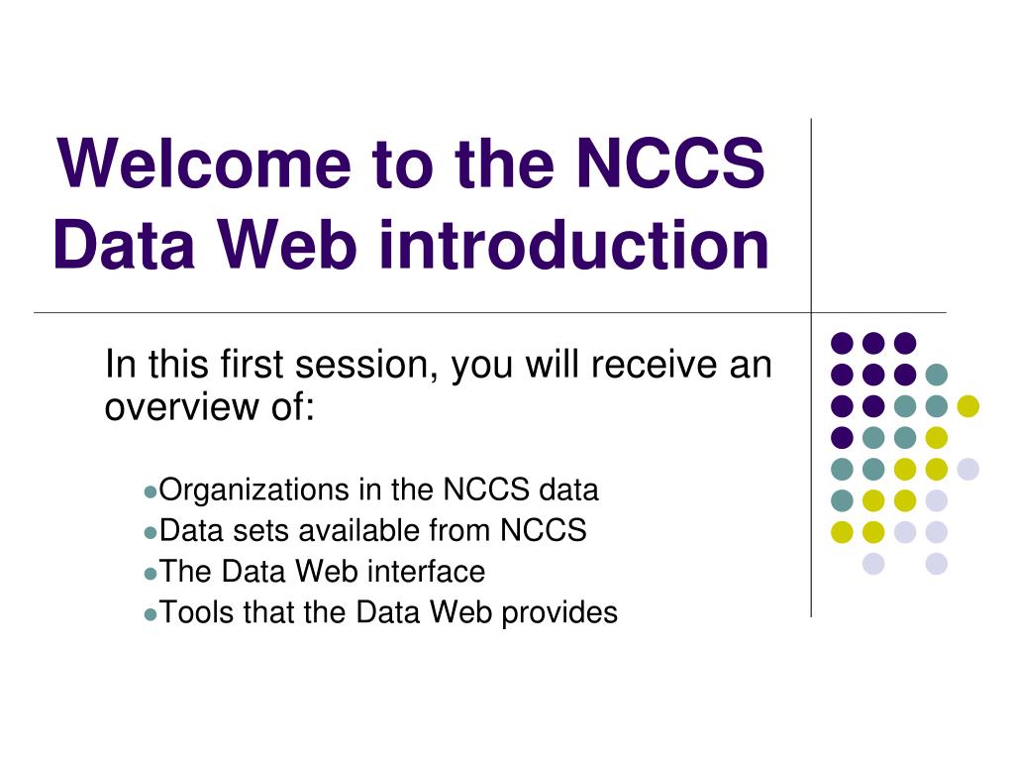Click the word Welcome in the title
coord(204,163)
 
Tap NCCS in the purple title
coord(670,163)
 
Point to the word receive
coord(654,365)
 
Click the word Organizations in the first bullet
coord(253,489)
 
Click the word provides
coord(559,612)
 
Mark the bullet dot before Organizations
coord(151,491)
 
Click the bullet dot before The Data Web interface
coord(151,574)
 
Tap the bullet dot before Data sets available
coord(151,532)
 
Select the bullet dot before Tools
coord(151,614)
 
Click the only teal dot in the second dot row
coord(937,374)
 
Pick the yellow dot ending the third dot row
coord(968,405)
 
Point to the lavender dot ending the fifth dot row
coord(968,469)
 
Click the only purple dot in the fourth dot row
coord(842,437)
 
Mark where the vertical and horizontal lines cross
coord(811,312)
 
